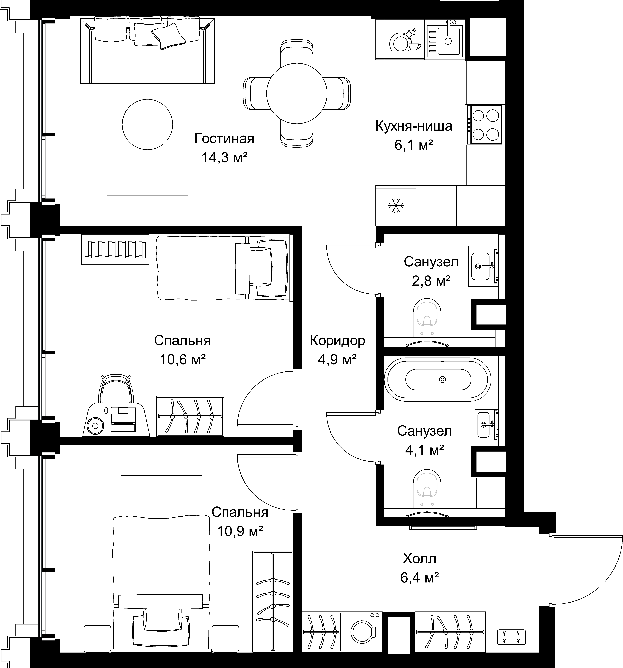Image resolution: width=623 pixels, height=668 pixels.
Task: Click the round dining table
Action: [297, 93]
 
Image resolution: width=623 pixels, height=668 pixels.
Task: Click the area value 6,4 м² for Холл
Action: [419, 578]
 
